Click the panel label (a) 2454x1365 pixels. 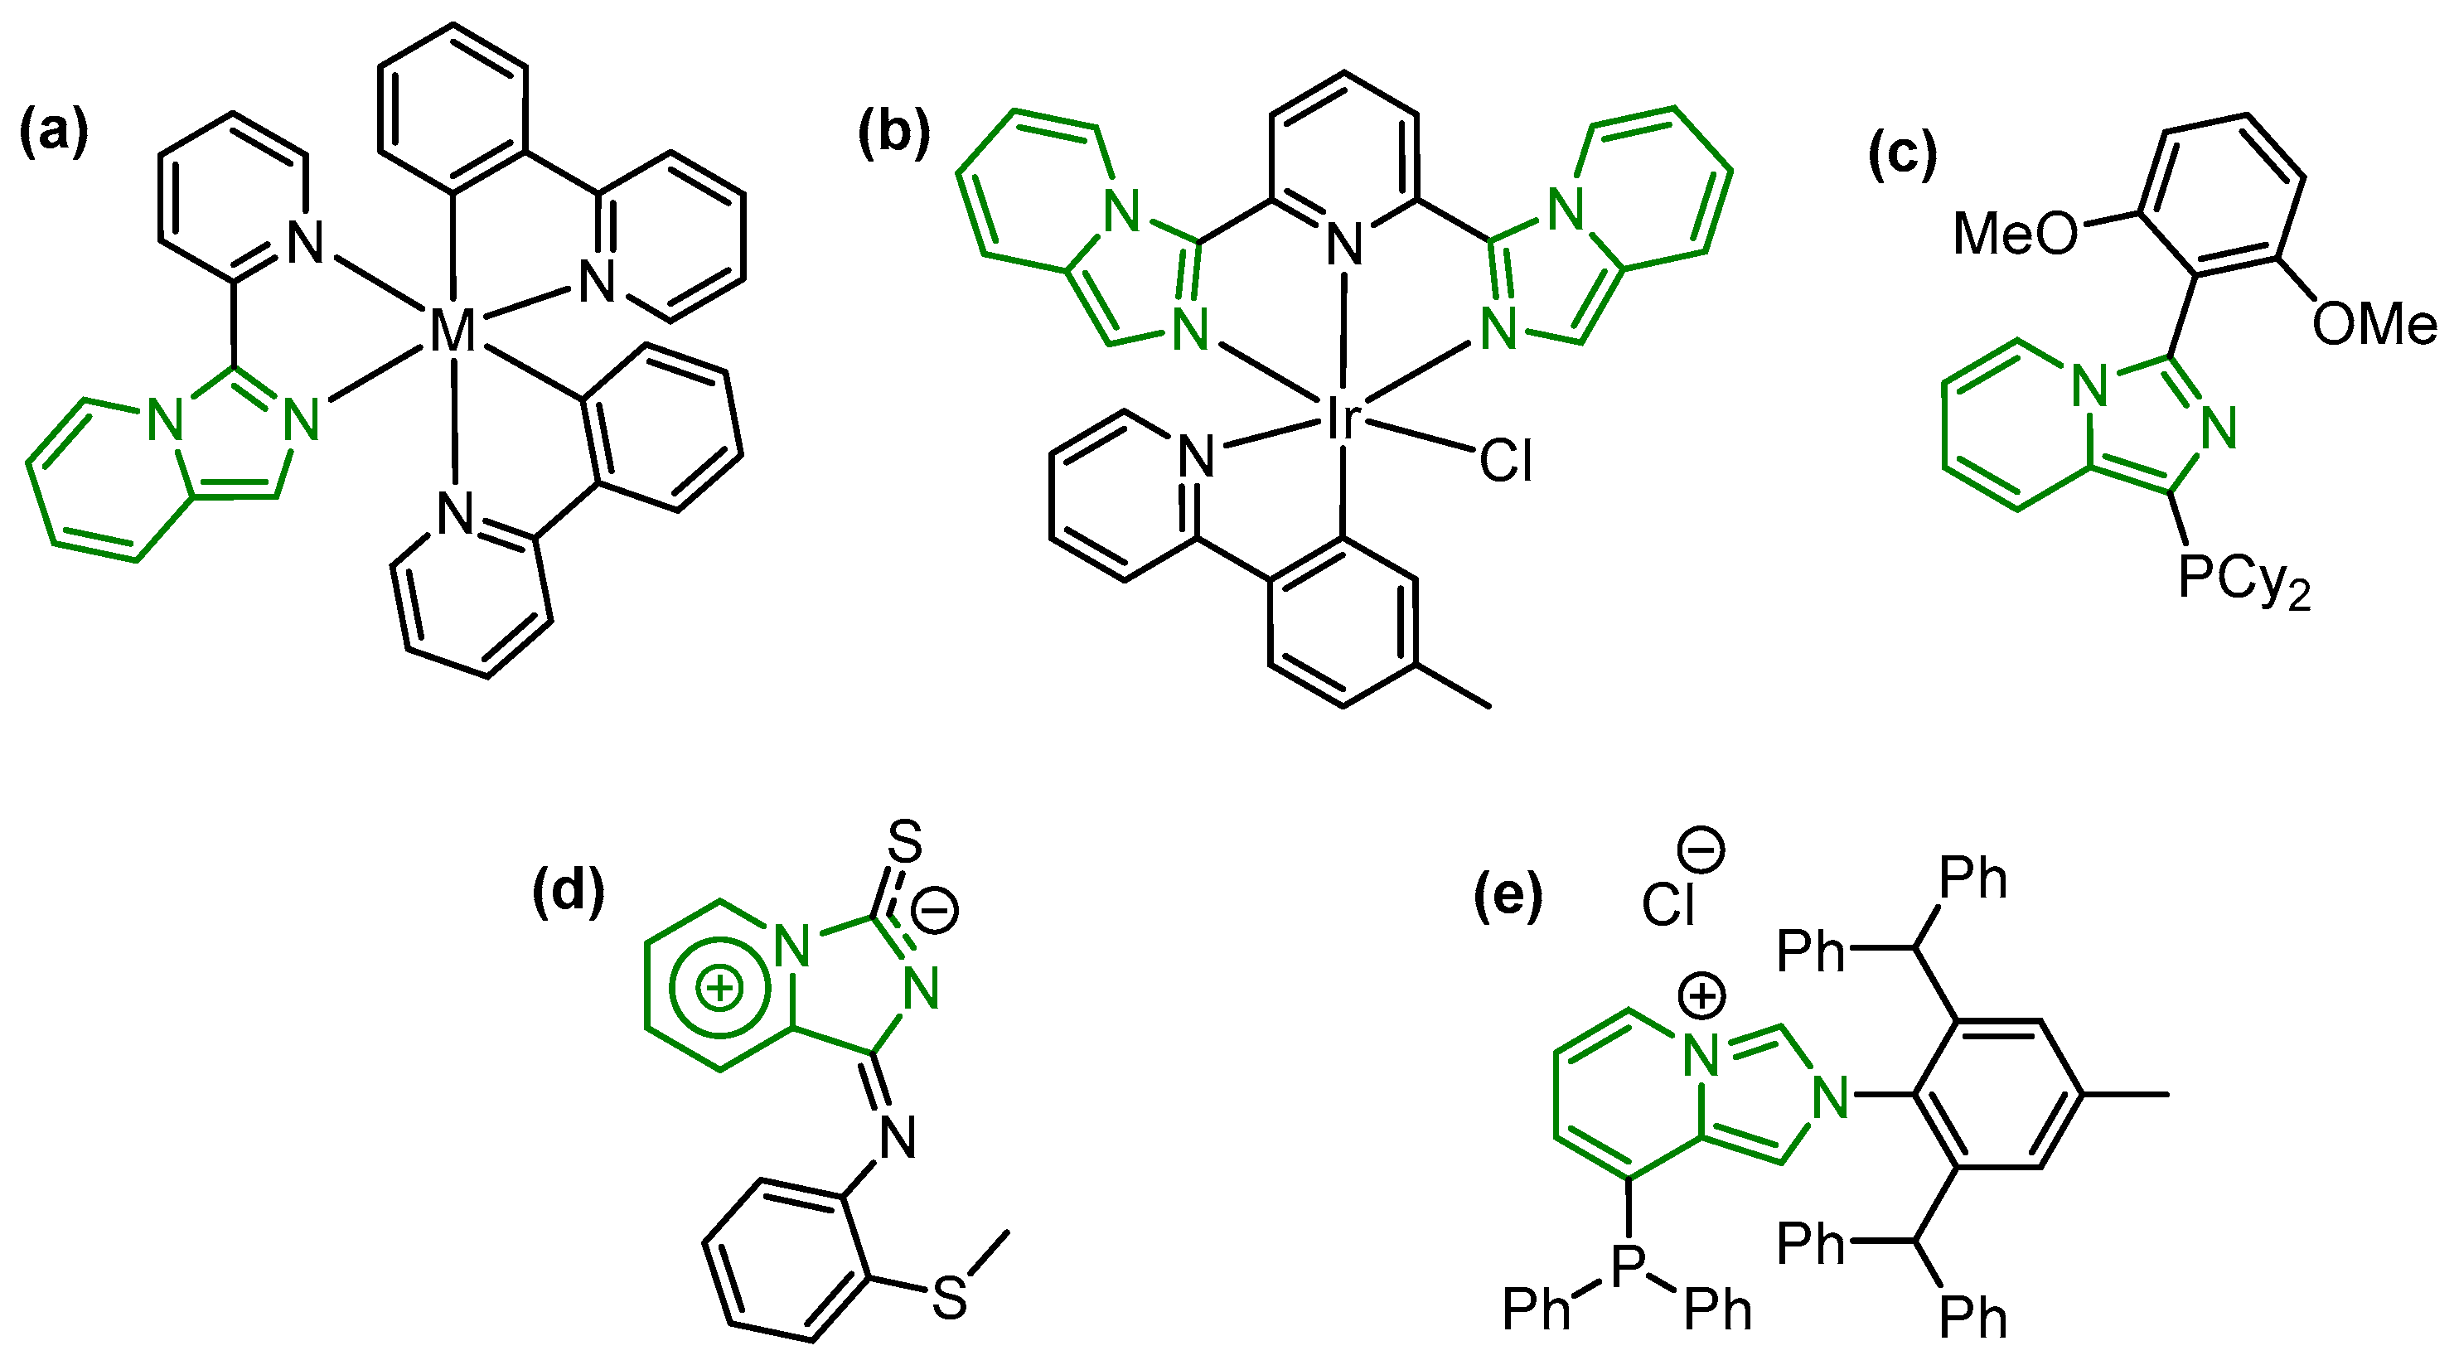click(55, 132)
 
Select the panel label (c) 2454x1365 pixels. click(1902, 154)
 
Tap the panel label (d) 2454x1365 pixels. click(569, 893)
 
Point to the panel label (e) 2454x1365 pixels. click(1508, 897)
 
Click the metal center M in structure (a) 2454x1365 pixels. click(453, 332)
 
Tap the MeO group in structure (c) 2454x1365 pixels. click(2015, 234)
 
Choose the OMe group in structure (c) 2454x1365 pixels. click(2374, 325)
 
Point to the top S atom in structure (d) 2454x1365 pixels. click(905, 842)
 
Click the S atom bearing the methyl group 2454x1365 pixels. click(950, 1297)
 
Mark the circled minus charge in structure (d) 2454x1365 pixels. click(935, 911)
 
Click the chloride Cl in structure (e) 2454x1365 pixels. click(1668, 903)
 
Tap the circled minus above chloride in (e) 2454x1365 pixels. click(1701, 849)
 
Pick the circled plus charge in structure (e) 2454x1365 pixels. click(1702, 996)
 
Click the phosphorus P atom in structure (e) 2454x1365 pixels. click(1629, 1263)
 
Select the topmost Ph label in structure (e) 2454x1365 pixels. click(1973, 878)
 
